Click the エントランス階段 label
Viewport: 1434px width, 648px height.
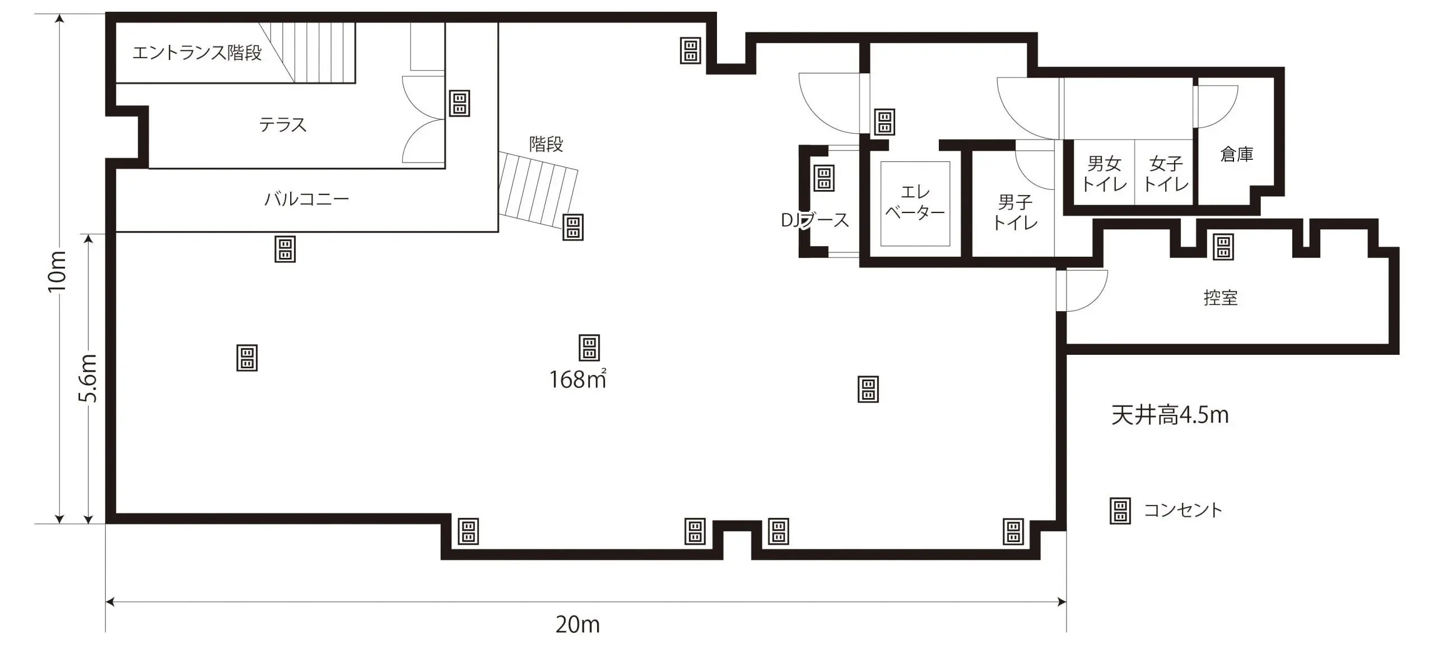(x=197, y=53)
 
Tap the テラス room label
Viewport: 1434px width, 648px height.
(x=283, y=124)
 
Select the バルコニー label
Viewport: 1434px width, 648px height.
(x=306, y=199)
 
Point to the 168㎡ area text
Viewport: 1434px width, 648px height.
(x=578, y=379)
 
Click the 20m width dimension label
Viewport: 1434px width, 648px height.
(x=578, y=624)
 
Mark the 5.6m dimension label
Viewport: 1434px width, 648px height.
(x=88, y=378)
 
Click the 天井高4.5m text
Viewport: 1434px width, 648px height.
(x=1170, y=415)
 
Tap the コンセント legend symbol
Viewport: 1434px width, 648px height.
(x=1120, y=511)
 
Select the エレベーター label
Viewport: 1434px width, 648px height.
(x=915, y=202)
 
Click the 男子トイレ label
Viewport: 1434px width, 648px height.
(x=1015, y=212)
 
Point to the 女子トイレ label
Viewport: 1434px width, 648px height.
(x=1166, y=174)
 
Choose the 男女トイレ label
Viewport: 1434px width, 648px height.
(x=1104, y=174)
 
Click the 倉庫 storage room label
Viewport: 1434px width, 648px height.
(x=1236, y=154)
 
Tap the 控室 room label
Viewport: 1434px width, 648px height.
(x=1221, y=298)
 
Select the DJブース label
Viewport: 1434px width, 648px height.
(x=815, y=220)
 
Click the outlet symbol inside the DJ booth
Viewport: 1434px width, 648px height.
(x=824, y=178)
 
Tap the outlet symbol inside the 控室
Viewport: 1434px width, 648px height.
(x=1223, y=247)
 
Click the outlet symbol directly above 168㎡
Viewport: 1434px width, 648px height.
(x=589, y=348)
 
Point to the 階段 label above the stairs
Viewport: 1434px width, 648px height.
(x=546, y=144)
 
